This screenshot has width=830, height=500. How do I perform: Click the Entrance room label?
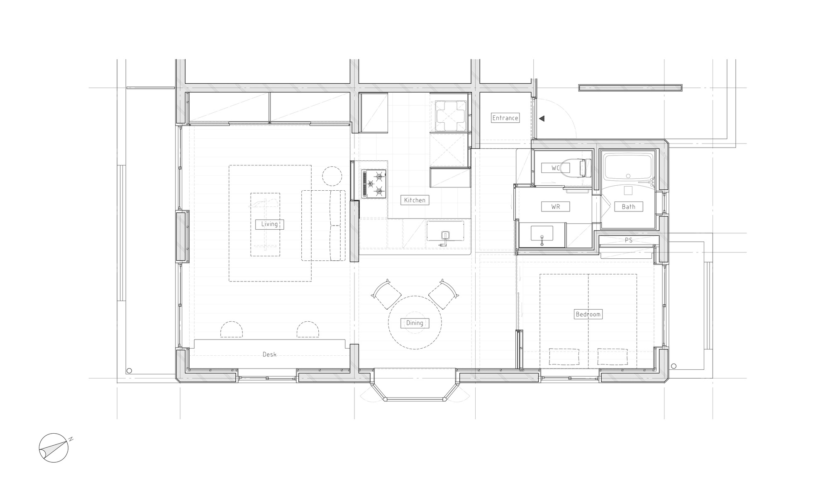[505, 118]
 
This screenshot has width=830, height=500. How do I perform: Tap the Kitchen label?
[415, 200]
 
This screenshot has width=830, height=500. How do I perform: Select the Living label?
[269, 224]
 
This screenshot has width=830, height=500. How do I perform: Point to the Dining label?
[415, 323]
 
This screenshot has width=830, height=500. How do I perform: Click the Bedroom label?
[588, 314]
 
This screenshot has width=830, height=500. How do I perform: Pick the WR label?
[556, 206]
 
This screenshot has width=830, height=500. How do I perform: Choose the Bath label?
[628, 206]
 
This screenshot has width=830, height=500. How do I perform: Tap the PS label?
[629, 240]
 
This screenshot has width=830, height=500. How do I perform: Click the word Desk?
[269, 354]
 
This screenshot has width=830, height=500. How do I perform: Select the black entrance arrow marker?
[541, 119]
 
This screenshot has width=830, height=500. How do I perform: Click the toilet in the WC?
[581, 168]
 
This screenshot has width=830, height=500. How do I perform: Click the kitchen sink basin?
[445, 235]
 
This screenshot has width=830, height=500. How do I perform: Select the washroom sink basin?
[542, 235]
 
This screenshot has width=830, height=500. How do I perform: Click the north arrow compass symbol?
[54, 448]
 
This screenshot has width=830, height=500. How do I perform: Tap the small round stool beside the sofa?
[332, 176]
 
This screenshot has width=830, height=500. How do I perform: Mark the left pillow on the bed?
[564, 357]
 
